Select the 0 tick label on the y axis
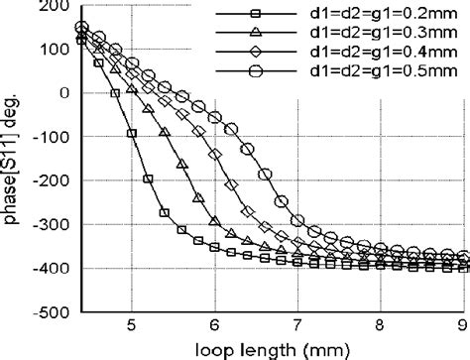(x=64, y=92)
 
